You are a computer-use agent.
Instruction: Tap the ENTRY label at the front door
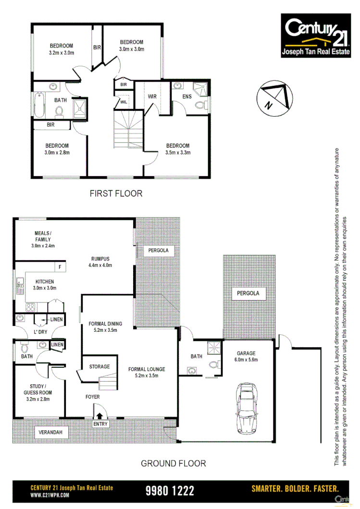100,424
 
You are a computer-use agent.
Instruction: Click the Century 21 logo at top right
316,36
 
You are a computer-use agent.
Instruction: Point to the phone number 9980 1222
170,490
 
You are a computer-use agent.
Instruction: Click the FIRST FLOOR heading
116,194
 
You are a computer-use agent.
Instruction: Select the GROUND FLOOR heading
173,463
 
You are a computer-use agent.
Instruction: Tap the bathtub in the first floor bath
39,105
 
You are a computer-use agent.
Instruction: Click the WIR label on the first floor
152,97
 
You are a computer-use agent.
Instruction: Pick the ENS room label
187,97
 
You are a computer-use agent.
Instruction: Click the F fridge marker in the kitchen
60,267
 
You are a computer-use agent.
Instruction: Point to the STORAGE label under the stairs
99,367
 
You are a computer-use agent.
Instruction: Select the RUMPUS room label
99,258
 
